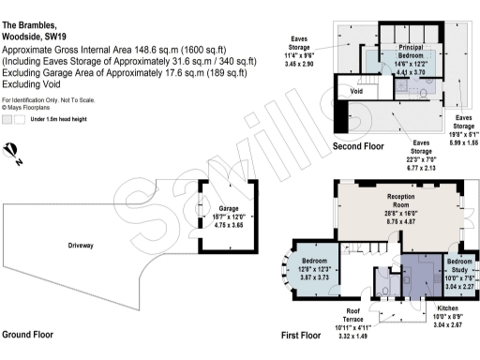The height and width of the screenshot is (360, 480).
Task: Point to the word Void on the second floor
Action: coord(356,92)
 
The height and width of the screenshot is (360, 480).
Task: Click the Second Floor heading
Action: coord(357,147)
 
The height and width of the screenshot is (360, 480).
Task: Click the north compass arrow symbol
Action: coord(12,151)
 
